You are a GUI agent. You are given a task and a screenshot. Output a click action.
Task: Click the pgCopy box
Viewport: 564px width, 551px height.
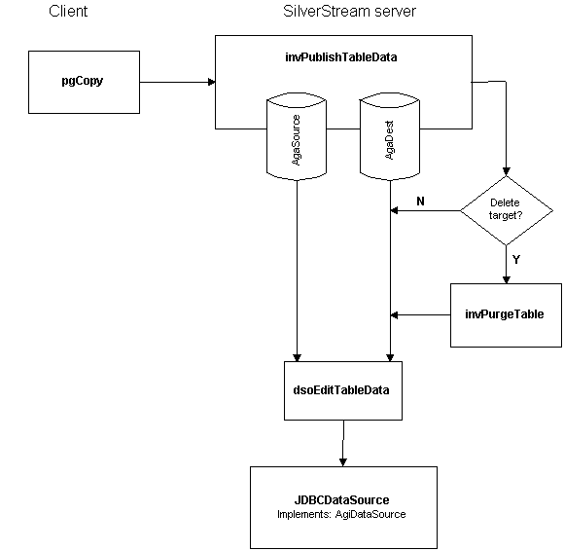coord(84,82)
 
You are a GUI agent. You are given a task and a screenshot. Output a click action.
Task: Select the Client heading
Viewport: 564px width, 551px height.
coord(68,11)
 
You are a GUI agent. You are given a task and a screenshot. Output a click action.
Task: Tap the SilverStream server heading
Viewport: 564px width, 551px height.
coord(349,11)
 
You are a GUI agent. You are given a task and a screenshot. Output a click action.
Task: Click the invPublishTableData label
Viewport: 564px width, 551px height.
coord(341,57)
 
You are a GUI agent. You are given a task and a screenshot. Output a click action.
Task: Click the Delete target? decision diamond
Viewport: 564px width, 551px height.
coord(507,210)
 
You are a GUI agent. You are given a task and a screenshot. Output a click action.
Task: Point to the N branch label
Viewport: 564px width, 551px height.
coord(420,201)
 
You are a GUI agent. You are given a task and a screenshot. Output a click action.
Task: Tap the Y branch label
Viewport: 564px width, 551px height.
coord(516,259)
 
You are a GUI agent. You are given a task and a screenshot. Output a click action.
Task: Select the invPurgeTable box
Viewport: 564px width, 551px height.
coord(506,315)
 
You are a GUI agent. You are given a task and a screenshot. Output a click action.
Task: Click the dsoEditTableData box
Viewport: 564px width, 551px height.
coord(343,390)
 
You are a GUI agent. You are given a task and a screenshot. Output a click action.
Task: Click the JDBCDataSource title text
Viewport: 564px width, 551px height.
coord(341,499)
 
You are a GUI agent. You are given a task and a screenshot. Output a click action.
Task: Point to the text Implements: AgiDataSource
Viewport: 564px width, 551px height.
coord(341,514)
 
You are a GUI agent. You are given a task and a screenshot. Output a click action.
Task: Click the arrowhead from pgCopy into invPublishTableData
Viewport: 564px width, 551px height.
coord(212,82)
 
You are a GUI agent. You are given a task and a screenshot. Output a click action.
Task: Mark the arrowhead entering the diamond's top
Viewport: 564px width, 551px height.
coord(507,171)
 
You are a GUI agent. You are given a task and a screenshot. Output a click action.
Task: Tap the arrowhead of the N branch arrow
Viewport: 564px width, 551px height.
coord(394,210)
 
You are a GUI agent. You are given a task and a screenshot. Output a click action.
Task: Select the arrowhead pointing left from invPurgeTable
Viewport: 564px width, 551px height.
coord(394,315)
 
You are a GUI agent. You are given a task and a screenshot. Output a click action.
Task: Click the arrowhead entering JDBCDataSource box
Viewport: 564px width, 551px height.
coord(343,462)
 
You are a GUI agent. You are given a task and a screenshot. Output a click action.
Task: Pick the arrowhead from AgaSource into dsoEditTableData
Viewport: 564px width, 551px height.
coord(297,357)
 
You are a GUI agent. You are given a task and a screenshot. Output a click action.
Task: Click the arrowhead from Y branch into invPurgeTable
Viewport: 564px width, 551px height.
coord(507,279)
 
